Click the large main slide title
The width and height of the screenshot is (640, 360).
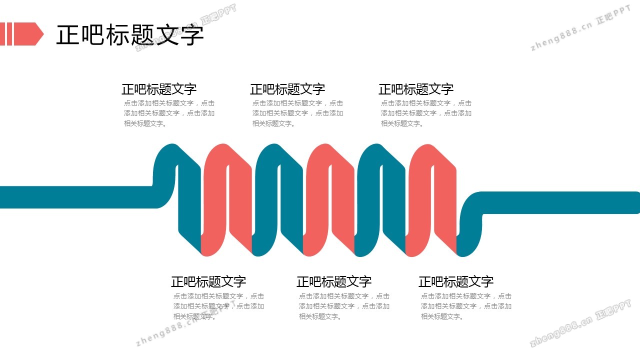coord(129,34)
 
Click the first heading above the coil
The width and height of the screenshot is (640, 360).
coord(159,89)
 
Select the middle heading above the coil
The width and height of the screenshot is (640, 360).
coord(287,89)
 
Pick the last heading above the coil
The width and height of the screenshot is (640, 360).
coord(416,89)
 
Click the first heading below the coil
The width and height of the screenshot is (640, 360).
coord(208,281)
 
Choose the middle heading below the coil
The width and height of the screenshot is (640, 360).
coord(333,281)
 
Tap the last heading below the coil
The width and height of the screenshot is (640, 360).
coord(456,281)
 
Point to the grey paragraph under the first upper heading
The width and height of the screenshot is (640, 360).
coord(169,113)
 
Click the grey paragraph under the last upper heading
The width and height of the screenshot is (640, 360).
coord(426,113)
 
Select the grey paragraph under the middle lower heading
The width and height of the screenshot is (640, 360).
coord(344,306)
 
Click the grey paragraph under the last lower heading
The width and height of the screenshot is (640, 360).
coord(466,306)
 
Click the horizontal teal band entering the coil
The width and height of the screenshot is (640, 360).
coord(77,197)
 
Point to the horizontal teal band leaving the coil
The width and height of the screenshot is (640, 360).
coord(560,202)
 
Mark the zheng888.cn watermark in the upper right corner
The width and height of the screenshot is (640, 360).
coord(580,28)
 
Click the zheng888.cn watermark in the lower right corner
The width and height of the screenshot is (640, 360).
coord(580,323)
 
